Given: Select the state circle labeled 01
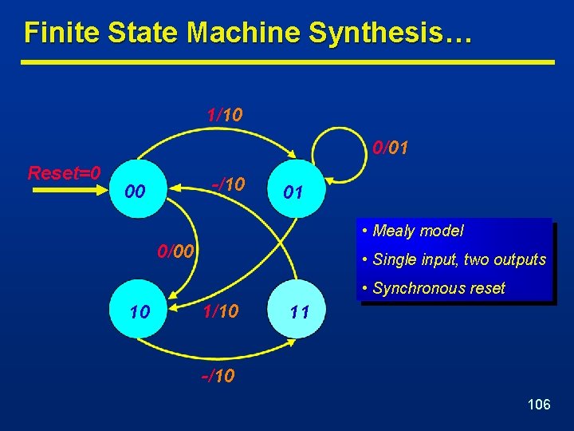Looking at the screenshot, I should (294, 192).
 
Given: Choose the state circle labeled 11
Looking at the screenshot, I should (299, 310).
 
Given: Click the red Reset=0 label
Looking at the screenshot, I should (64, 173).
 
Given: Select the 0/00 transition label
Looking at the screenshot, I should (175, 252).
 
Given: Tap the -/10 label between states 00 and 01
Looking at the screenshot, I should (228, 184).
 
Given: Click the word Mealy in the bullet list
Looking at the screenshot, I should (394, 231).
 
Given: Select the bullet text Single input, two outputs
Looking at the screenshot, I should (459, 259).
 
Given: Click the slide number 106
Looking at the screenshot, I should (539, 405).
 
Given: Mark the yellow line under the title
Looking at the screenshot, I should (287, 62).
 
